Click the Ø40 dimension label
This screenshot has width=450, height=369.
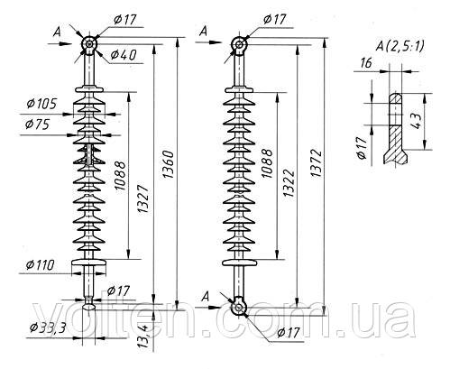[124, 55]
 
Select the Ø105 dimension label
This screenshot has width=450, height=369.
[41, 104]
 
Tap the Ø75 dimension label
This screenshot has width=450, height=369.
[37, 125]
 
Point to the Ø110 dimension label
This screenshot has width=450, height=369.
[40, 265]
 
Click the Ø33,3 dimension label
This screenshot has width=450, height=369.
[48, 328]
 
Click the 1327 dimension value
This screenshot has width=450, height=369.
[143, 199]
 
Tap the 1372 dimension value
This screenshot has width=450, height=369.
[317, 163]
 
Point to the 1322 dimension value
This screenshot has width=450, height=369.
[289, 183]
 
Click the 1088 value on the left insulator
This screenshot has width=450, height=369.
[120, 176]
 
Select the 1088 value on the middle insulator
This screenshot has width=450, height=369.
[267, 163]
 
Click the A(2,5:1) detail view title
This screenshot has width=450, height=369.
[399, 47]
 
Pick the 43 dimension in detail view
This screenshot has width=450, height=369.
[417, 121]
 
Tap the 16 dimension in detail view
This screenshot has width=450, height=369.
[365, 63]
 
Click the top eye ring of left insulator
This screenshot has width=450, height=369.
[89, 44]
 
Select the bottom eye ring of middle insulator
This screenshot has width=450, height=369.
[238, 308]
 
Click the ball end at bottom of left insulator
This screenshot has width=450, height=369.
[89, 307]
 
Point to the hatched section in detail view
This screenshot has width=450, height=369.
[396, 145]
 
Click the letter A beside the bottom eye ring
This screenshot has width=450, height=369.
[206, 297]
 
